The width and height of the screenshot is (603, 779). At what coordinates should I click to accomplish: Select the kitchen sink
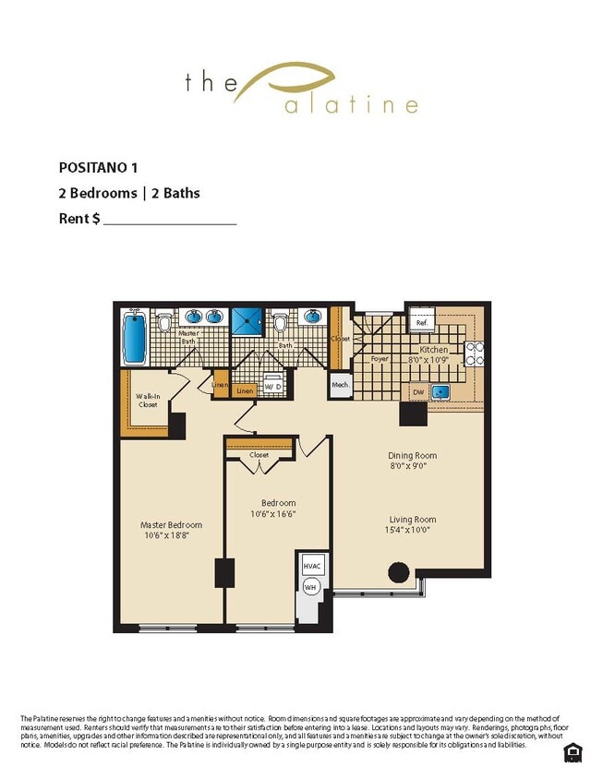point(442,392)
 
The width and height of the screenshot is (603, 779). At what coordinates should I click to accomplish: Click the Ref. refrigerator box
point(421,322)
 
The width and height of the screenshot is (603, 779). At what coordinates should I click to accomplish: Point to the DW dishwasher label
point(417,392)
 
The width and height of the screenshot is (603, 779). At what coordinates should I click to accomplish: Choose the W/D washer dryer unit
point(274,385)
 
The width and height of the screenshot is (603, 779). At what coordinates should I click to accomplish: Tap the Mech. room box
point(339,384)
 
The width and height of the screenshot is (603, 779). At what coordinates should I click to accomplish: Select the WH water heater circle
point(310,585)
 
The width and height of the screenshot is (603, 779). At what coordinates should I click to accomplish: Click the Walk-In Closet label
point(148,401)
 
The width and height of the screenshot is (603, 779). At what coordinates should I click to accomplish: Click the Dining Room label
point(412,455)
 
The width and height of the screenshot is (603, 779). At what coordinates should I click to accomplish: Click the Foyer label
point(380,358)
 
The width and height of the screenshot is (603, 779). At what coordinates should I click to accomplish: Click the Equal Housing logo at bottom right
point(572,752)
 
